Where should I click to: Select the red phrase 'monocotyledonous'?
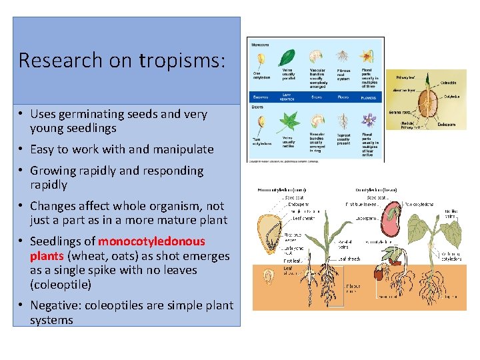[151, 241]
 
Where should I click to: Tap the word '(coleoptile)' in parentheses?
[61, 285]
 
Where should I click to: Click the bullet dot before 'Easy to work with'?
[22, 149]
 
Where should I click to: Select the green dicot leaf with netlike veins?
[289, 121]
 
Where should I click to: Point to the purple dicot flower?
[369, 120]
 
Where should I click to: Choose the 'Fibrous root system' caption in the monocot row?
[343, 73]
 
